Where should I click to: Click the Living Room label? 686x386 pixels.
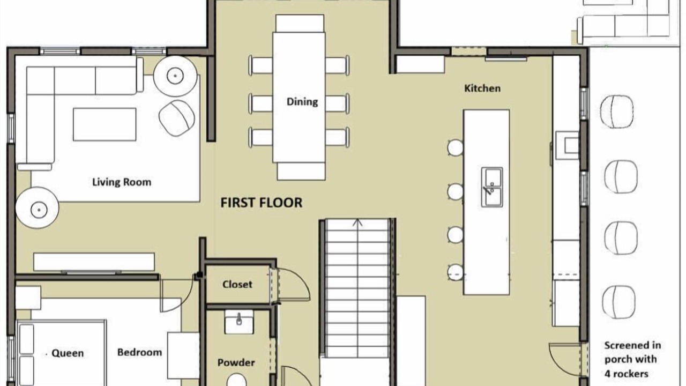[x=122, y=182]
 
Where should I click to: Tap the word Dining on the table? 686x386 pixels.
[x=302, y=102]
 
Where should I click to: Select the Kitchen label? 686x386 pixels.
[x=482, y=88]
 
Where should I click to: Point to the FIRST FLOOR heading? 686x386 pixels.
[x=262, y=203]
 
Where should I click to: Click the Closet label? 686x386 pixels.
[x=237, y=285]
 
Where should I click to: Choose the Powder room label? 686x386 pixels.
[x=236, y=363]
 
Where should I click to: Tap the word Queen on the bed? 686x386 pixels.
[x=68, y=353]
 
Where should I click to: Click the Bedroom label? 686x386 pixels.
[x=140, y=352]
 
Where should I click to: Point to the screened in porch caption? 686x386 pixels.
[x=632, y=360]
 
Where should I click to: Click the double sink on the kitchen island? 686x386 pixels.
[x=492, y=187]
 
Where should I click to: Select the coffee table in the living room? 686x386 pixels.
[x=105, y=124]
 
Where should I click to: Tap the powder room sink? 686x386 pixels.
[x=239, y=322]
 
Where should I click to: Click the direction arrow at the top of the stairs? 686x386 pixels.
[x=357, y=222]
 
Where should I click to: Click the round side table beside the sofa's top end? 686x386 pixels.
[x=175, y=76]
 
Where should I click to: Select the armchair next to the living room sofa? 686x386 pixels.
[x=177, y=118]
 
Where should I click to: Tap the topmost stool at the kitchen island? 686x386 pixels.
[x=456, y=147]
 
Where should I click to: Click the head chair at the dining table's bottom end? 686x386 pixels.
[x=301, y=171]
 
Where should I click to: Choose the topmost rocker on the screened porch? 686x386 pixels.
[x=617, y=112]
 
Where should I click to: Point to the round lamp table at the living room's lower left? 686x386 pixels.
[x=38, y=207]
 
